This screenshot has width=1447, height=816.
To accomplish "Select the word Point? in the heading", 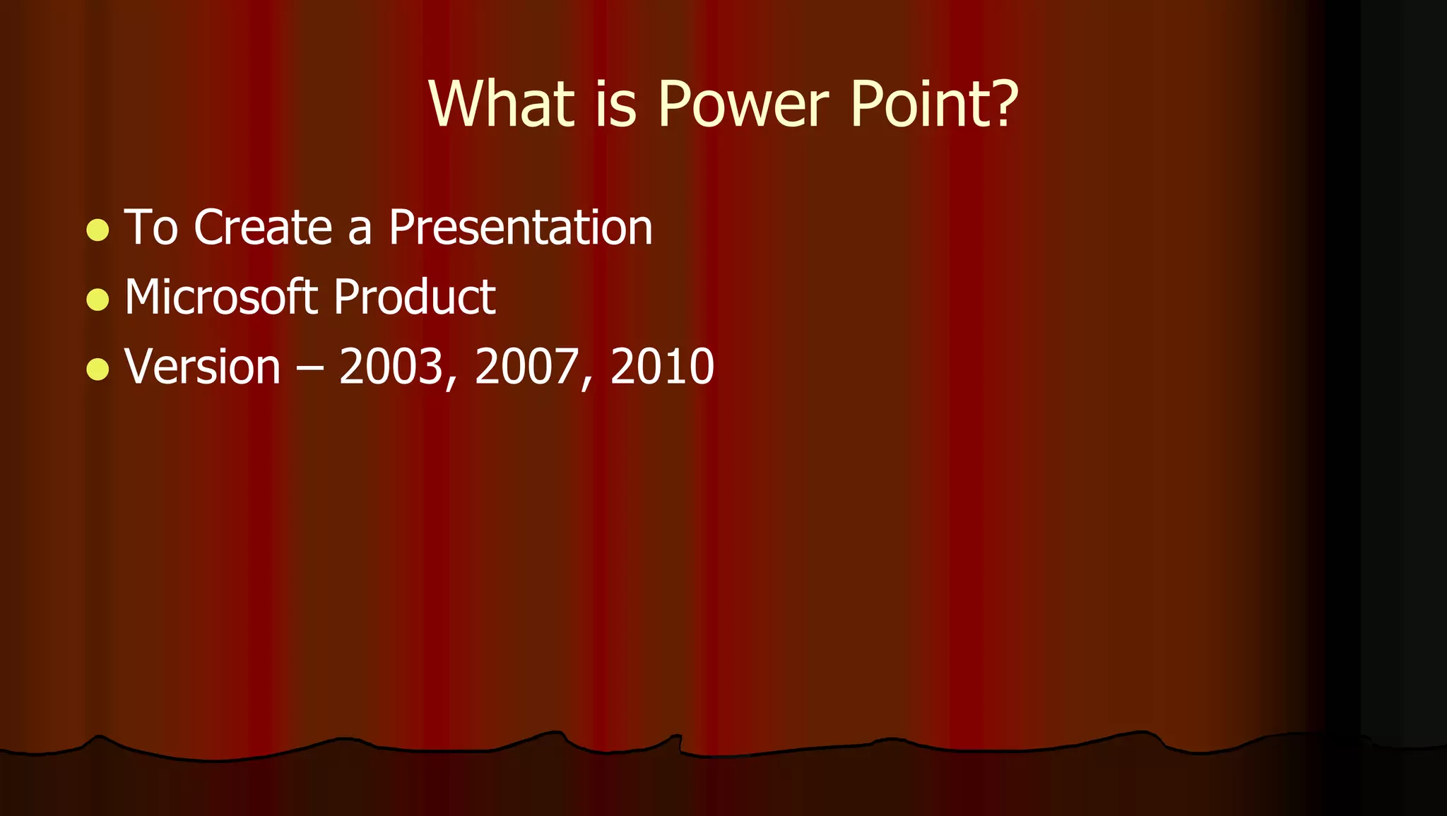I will point(933,104).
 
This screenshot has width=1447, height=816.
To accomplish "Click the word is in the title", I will point(615,104).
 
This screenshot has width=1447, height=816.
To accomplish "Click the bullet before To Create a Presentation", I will point(98,230).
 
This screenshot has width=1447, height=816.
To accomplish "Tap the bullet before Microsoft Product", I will point(98,299).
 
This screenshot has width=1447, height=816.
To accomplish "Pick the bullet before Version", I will point(98,368).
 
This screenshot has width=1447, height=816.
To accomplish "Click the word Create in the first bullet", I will point(263,227).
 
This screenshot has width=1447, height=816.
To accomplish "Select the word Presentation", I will point(521,227).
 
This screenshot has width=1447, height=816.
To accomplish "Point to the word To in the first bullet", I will point(150,227).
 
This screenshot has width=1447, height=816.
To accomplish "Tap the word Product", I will point(414,297).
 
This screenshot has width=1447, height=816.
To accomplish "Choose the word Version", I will point(203,367).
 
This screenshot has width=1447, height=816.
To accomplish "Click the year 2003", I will point(391,367).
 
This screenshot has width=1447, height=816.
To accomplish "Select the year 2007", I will point(527,367).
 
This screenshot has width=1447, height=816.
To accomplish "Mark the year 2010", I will point(662,367).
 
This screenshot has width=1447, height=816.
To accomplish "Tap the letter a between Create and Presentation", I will point(360,230).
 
